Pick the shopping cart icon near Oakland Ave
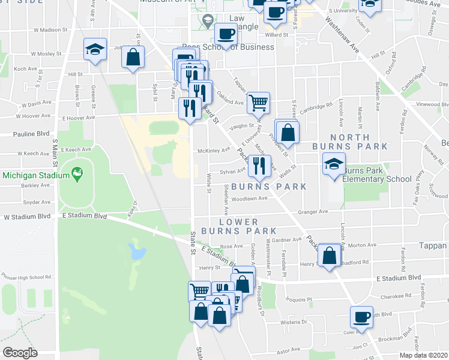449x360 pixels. pyautogui.click(x=258, y=103)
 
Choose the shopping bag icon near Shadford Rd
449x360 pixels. pyautogui.click(x=330, y=255)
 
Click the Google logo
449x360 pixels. pyautogui.click(x=20, y=353)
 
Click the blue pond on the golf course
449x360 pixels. pyautogui.click(x=137, y=252)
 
